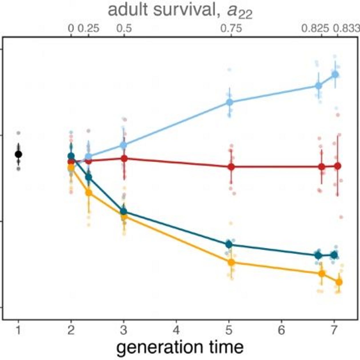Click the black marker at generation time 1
18,154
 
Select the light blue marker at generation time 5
229,102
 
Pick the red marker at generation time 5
231,167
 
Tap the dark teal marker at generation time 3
123,211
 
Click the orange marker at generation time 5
231,262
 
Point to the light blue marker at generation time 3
123,145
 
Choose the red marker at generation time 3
124,159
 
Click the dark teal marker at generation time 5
229,244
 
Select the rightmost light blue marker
335,75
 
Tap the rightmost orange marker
339,282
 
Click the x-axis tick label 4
176,331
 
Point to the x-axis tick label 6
281,331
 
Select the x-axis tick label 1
18,331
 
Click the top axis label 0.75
231,29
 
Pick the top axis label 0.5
124,29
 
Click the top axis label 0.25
89,29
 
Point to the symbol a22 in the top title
240,11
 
